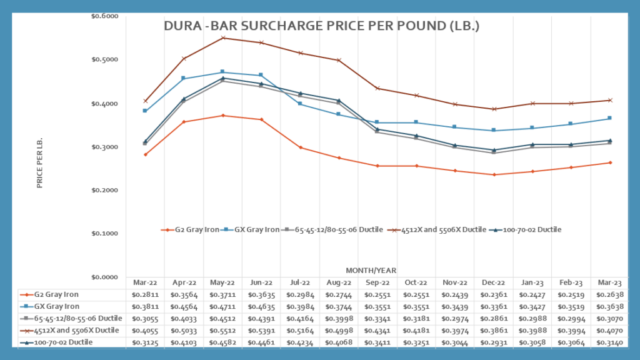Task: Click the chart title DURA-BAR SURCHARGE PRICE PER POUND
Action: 321,27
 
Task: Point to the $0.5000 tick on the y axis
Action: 111,60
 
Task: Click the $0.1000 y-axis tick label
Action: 111,234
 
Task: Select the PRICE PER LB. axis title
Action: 40,164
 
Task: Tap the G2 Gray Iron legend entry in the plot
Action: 190,230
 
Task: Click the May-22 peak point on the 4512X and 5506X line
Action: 222,38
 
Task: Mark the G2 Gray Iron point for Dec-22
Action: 494,174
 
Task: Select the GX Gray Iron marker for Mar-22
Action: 145,111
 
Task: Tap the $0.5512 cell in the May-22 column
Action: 222,330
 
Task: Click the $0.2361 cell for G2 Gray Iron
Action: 494,294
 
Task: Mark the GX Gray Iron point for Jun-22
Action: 261,75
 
